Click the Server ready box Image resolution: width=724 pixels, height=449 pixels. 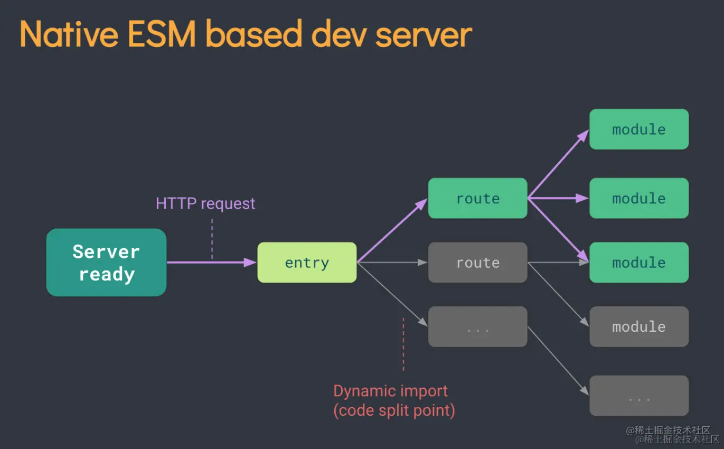click(106, 263)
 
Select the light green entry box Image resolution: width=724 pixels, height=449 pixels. click(307, 263)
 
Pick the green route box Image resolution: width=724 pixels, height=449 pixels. click(477, 198)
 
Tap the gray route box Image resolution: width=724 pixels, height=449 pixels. click(477, 263)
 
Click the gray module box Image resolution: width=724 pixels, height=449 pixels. click(638, 326)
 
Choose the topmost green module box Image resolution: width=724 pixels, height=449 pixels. click(638, 129)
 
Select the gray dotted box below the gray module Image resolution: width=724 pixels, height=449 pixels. click(638, 396)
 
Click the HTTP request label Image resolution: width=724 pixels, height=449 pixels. click(205, 203)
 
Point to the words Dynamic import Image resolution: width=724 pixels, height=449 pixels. click(390, 391)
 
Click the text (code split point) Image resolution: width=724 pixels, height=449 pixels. click(394, 410)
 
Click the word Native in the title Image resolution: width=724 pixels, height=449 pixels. click(69, 34)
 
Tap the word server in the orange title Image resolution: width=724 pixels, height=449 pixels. click(423, 34)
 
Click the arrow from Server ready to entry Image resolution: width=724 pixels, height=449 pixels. click(211, 262)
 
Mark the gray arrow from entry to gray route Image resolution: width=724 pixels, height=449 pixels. click(392, 263)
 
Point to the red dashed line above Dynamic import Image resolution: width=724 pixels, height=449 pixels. click(403, 343)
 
